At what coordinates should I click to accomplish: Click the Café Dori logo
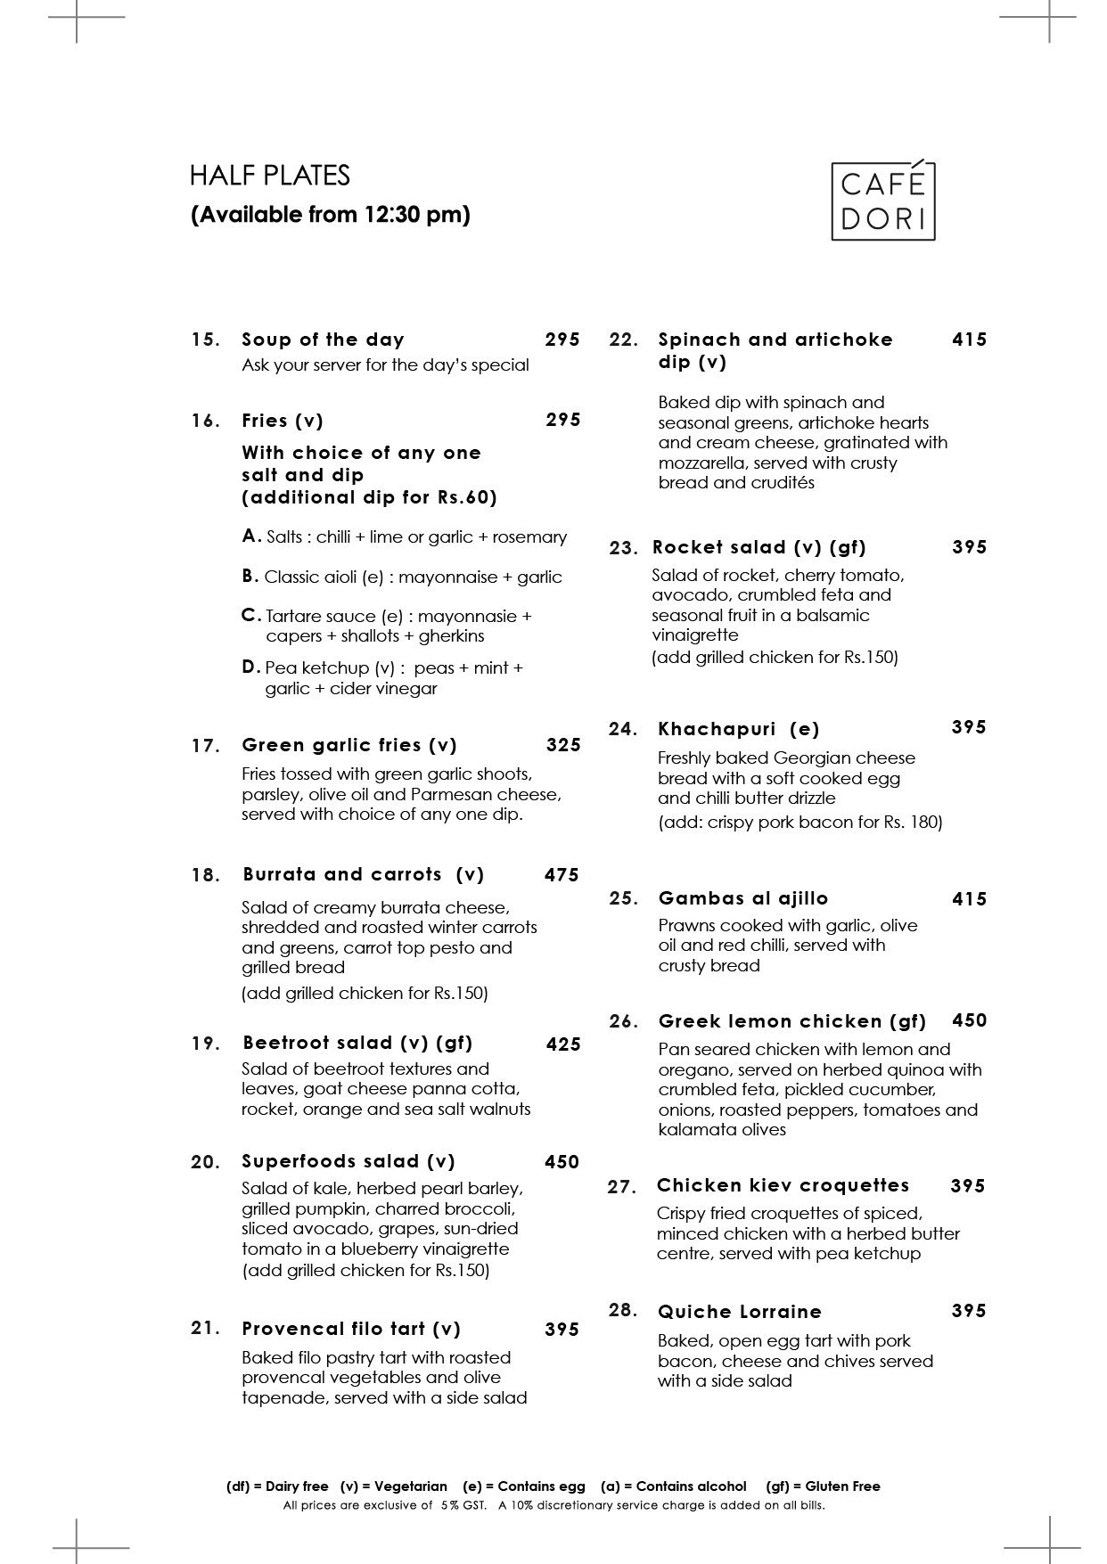coord(882,201)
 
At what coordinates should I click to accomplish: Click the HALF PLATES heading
coord(269,176)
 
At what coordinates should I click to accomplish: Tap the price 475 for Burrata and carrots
coord(562,875)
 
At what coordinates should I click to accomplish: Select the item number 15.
coord(205,340)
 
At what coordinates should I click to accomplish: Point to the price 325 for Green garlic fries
coord(563,745)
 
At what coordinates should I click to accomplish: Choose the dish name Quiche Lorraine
coord(740,1312)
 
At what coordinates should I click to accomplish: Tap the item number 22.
coord(624,340)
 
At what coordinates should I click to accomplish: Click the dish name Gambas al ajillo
coord(743,898)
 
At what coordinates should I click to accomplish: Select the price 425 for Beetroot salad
coord(563,1044)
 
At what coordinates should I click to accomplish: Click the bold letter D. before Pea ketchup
coord(250,667)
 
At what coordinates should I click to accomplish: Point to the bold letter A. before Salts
coord(251,536)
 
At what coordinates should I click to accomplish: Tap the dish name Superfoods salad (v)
coord(348,1161)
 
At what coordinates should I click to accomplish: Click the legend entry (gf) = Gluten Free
coord(823,1486)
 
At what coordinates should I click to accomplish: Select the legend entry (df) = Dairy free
coord(277,1486)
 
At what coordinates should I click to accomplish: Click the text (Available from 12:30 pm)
coord(330,215)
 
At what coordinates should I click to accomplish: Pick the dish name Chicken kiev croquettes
coord(783,1185)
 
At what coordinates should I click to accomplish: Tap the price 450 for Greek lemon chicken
coord(970,1020)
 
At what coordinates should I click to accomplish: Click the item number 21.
coord(205,1328)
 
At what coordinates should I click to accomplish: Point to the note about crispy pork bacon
coord(799,822)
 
